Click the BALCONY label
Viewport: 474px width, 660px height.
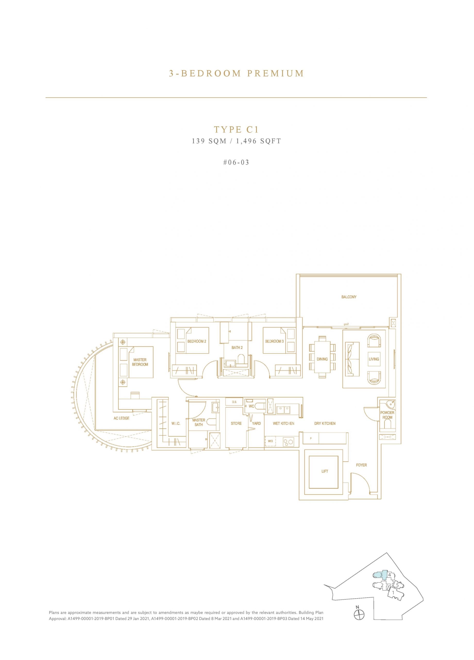point(349,297)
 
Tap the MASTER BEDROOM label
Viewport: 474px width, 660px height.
point(140,362)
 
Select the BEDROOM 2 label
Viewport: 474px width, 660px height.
point(197,341)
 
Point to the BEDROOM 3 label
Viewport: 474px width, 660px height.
point(274,341)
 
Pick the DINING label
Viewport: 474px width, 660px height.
point(322,359)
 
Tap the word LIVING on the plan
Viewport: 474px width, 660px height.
point(374,359)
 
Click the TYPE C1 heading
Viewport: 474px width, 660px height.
point(236,129)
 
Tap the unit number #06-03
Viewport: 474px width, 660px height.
point(236,162)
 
